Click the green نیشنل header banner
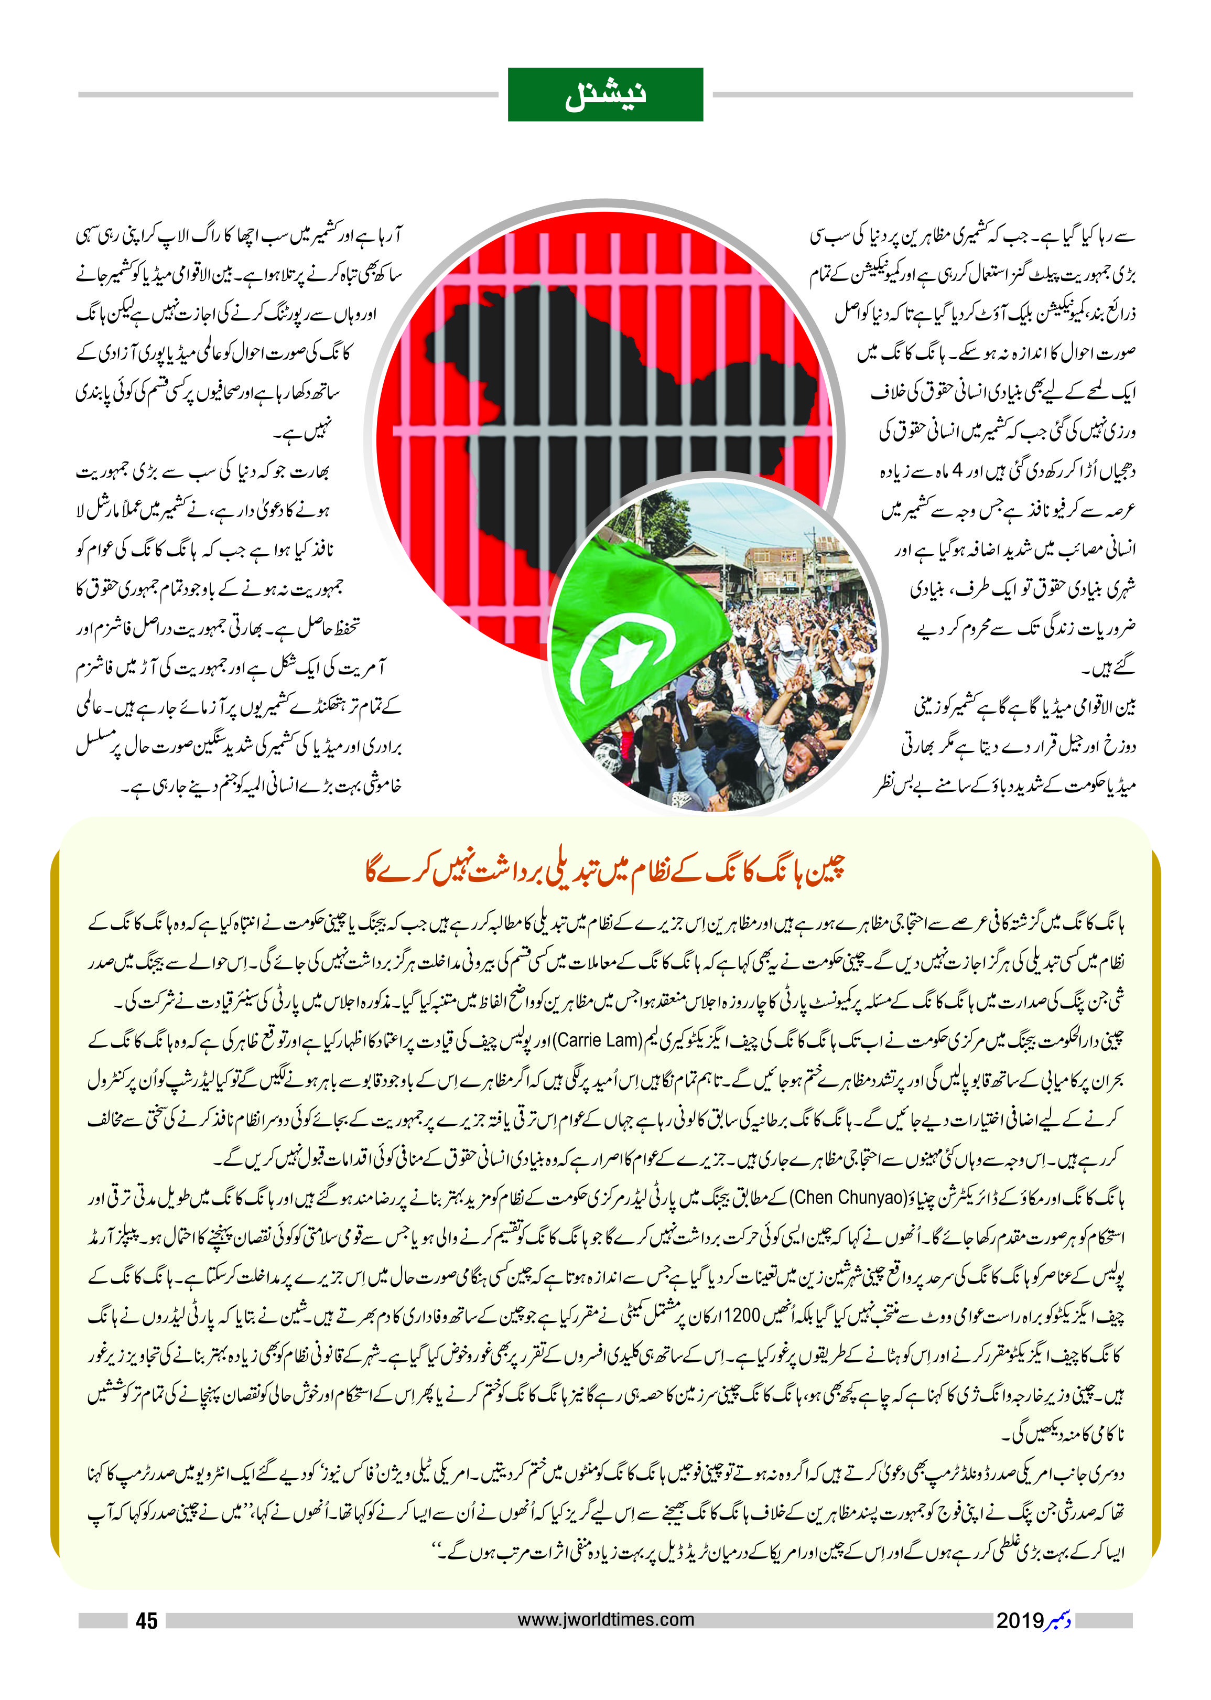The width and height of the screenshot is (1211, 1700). [x=605, y=95]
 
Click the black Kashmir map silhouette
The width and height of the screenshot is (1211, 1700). [x=597, y=388]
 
